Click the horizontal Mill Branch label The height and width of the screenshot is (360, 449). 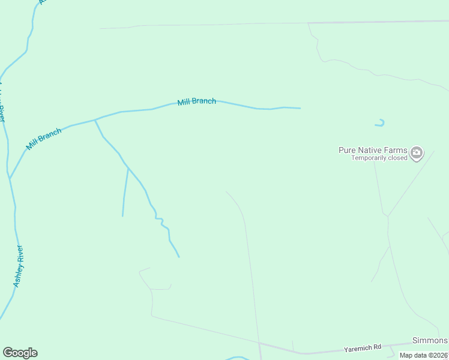196,101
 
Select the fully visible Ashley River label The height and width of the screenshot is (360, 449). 19,266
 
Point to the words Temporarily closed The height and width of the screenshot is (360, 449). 379,158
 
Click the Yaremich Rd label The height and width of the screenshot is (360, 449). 362,347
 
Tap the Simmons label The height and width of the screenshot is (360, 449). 429,340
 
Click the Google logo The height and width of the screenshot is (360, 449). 20,353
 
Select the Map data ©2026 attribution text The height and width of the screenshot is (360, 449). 424,355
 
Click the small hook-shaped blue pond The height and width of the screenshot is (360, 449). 380,124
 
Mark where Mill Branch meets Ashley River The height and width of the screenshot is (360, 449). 10,178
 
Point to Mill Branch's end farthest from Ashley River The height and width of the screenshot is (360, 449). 300,109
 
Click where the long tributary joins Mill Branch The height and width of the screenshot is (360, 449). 95,119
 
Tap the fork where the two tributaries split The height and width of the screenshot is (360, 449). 128,168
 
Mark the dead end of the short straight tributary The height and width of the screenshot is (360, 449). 122,216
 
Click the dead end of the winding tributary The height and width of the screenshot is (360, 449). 179,257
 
